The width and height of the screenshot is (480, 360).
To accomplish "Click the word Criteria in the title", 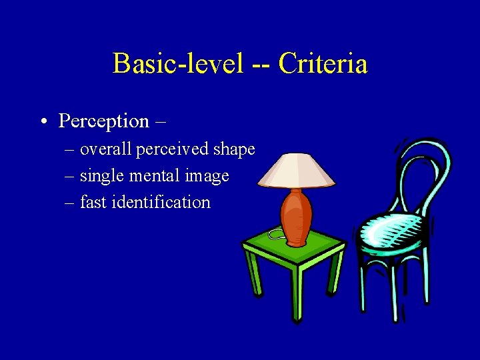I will pos(323,64).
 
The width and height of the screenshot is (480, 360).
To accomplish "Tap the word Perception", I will pos(104,121).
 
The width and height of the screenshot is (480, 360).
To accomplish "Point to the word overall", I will pos(107,149).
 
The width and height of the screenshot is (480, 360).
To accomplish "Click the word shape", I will pos(234,149).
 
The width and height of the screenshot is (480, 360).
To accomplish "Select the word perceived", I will pos(173,149).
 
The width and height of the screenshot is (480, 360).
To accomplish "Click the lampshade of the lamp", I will pos(296,169).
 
